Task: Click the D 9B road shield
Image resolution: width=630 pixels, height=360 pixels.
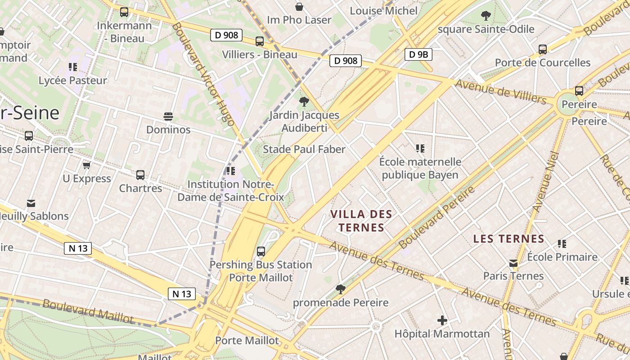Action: [x=418, y=55]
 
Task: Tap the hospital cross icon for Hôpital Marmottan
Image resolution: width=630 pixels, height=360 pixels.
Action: [x=442, y=320]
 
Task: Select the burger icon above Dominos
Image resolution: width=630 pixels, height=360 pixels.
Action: [x=168, y=117]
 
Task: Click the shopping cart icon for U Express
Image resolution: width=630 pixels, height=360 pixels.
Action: [x=87, y=166]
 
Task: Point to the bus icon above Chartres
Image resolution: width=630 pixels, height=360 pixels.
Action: [x=140, y=175]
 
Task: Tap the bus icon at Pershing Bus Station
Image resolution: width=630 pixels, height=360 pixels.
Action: [x=261, y=252]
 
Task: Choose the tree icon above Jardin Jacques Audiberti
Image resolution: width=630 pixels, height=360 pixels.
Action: [x=304, y=102]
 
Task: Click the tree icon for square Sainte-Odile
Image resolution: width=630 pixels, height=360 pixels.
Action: [x=486, y=16]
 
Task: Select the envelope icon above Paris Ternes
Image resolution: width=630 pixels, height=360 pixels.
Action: [x=513, y=263]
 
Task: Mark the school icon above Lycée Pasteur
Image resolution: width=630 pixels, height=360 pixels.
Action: [x=73, y=67]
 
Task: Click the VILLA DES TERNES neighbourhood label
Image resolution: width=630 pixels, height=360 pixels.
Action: [x=361, y=220]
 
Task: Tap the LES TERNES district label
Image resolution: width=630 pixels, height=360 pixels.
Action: [x=509, y=239]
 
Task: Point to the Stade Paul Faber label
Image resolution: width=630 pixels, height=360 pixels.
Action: [x=304, y=149]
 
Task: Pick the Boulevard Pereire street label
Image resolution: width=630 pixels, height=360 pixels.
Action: [x=436, y=217]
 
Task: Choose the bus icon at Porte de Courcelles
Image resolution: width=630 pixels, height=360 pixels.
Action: [x=543, y=49]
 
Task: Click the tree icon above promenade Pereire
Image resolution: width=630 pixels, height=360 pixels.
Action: [x=341, y=289]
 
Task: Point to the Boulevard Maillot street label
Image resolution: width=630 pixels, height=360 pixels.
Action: [x=88, y=311]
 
